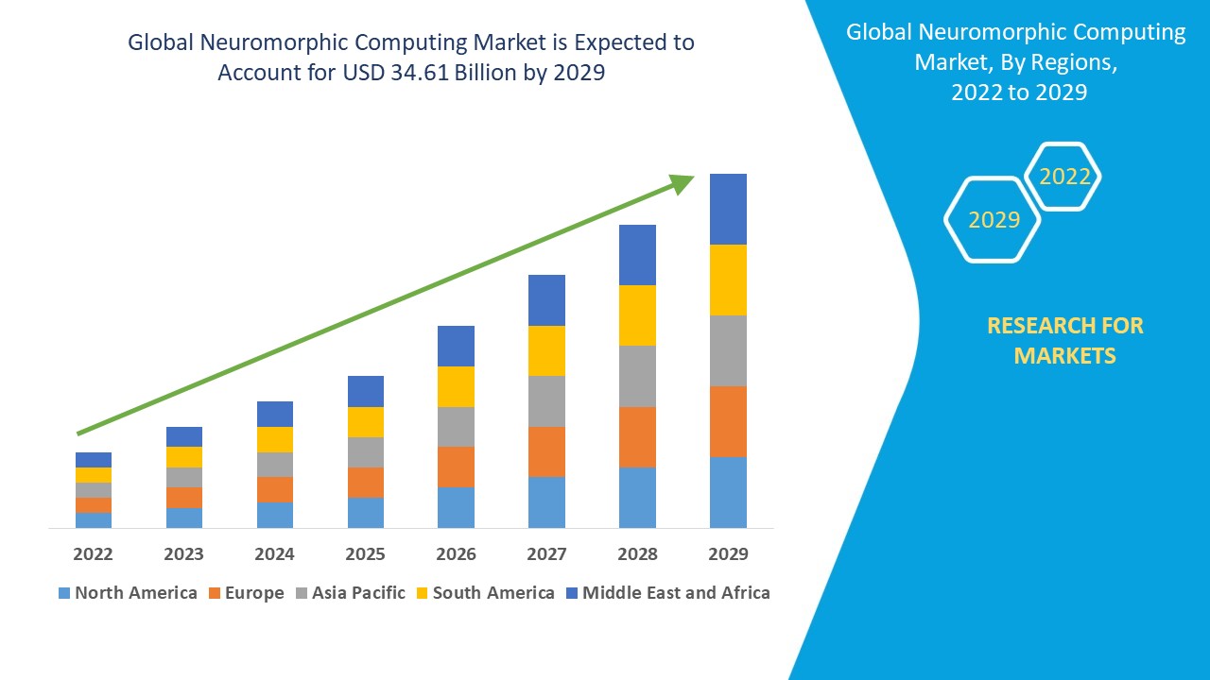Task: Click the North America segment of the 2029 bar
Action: [x=728, y=492]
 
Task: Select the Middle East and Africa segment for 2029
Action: [x=728, y=209]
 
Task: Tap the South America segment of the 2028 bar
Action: [x=637, y=315]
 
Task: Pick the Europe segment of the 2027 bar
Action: [x=546, y=451]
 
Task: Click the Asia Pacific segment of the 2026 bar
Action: [x=456, y=427]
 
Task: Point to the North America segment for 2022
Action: [x=94, y=519]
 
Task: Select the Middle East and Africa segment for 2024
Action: [x=275, y=414]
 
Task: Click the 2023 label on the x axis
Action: [x=184, y=553]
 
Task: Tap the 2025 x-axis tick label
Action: [x=366, y=553]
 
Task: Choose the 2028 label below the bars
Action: [x=637, y=553]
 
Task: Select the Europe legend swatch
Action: [x=215, y=593]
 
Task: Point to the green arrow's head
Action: [x=683, y=182]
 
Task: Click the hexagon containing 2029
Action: [x=993, y=220]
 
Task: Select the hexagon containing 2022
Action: [x=1064, y=177]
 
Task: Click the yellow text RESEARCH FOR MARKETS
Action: [x=1064, y=340]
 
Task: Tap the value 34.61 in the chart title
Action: [x=420, y=73]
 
